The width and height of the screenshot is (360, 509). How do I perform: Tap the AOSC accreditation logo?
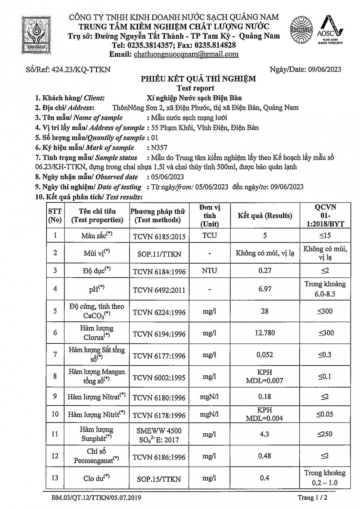click(330, 30)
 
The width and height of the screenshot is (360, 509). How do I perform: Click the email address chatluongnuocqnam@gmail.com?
click(186, 54)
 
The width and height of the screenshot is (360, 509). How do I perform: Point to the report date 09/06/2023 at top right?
click(325, 70)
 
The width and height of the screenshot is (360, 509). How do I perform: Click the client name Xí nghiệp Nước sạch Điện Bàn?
click(194, 98)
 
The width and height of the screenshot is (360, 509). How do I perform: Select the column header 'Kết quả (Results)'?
click(265, 215)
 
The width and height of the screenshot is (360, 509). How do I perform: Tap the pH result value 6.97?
click(265, 289)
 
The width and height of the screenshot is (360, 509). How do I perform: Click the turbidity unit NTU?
click(209, 271)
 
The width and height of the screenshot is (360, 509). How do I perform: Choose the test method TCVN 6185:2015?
click(159, 236)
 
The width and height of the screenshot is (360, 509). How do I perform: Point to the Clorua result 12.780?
click(265, 333)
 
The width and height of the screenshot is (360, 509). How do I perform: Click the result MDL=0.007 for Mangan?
click(265, 381)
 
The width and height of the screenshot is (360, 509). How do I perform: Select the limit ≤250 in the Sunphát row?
click(325, 434)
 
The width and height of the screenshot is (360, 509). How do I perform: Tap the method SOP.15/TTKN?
click(159, 479)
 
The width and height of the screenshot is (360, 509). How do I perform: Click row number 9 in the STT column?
click(55, 396)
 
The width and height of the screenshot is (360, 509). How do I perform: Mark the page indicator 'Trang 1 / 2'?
click(312, 498)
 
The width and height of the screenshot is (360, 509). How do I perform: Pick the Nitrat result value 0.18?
click(265, 396)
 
